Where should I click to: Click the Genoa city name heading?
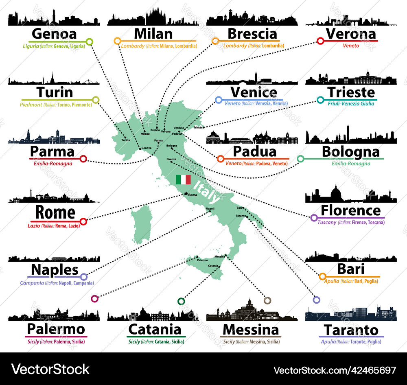coord(54,34)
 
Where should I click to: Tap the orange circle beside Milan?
coord(117,41)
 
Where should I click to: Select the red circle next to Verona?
coord(320,41)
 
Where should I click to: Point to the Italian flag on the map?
coord(183,179)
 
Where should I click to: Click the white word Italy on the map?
coord(207,192)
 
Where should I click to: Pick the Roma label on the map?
coord(193,195)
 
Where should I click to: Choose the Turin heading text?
coord(55,92)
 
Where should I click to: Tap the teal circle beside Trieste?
coord(320,100)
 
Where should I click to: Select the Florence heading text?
coord(350,210)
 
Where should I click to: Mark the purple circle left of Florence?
coord(314,218)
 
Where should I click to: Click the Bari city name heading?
coord(350,269)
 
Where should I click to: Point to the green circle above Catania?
coord(181,301)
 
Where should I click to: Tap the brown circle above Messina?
coord(267,300)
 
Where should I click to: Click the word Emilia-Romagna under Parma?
coord(53,164)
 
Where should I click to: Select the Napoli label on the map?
coord(210,209)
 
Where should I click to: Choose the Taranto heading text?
coord(351,330)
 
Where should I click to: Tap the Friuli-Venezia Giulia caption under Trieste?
coord(351,104)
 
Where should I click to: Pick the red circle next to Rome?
coord(83,221)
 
